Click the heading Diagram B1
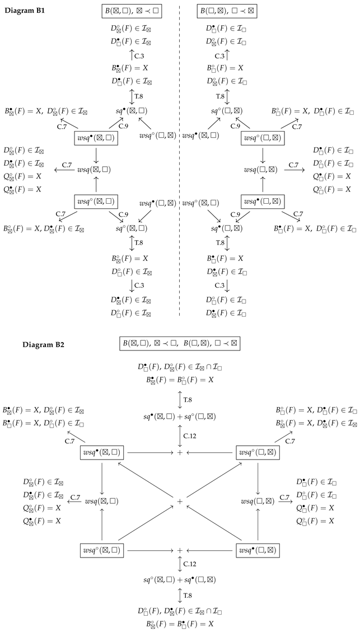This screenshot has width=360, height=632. (x=25, y=12)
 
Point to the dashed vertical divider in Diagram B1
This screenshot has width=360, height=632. (x=180, y=168)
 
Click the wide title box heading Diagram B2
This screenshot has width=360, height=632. (x=180, y=343)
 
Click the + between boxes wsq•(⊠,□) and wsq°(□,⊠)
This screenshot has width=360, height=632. (x=180, y=452)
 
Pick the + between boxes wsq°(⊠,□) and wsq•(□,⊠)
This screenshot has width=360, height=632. (x=180, y=551)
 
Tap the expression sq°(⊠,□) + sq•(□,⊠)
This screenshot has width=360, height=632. (x=180, y=579)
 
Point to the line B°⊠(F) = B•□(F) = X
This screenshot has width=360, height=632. (x=180, y=622)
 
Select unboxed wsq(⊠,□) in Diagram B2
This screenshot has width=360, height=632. (x=102, y=501)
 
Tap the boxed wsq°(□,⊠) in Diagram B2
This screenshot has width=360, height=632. (x=258, y=452)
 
